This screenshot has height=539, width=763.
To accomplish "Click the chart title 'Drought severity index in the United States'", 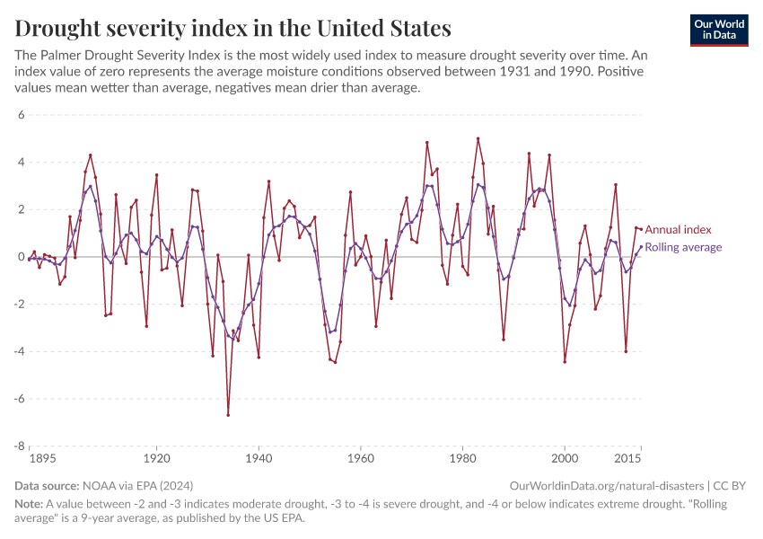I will click(x=232, y=28).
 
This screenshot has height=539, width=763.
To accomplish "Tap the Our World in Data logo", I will click(x=719, y=30).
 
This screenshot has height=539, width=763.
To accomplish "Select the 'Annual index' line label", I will click(x=678, y=230).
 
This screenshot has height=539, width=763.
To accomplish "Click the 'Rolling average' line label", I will click(x=683, y=247).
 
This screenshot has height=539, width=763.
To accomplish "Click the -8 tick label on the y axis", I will click(x=19, y=446).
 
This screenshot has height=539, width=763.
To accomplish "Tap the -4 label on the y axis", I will click(x=19, y=351).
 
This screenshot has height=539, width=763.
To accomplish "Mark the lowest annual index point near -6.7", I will click(x=228, y=415).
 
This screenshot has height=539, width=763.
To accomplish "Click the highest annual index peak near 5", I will click(x=478, y=138).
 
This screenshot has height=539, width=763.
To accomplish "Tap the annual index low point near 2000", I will click(x=565, y=362).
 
